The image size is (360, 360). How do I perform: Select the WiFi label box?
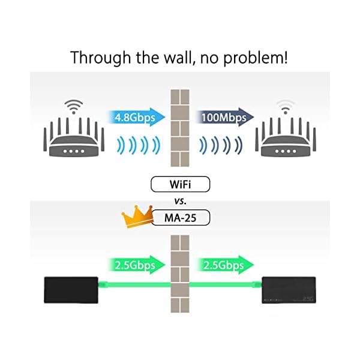(x=180, y=184)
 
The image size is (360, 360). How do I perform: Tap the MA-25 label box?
(x=180, y=217)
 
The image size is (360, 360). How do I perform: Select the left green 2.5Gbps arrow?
(x=134, y=265)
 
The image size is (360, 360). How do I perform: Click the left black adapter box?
(x=71, y=290)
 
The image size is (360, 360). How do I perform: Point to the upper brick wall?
(x=180, y=127)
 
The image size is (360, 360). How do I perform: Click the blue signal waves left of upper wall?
(x=138, y=145)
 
